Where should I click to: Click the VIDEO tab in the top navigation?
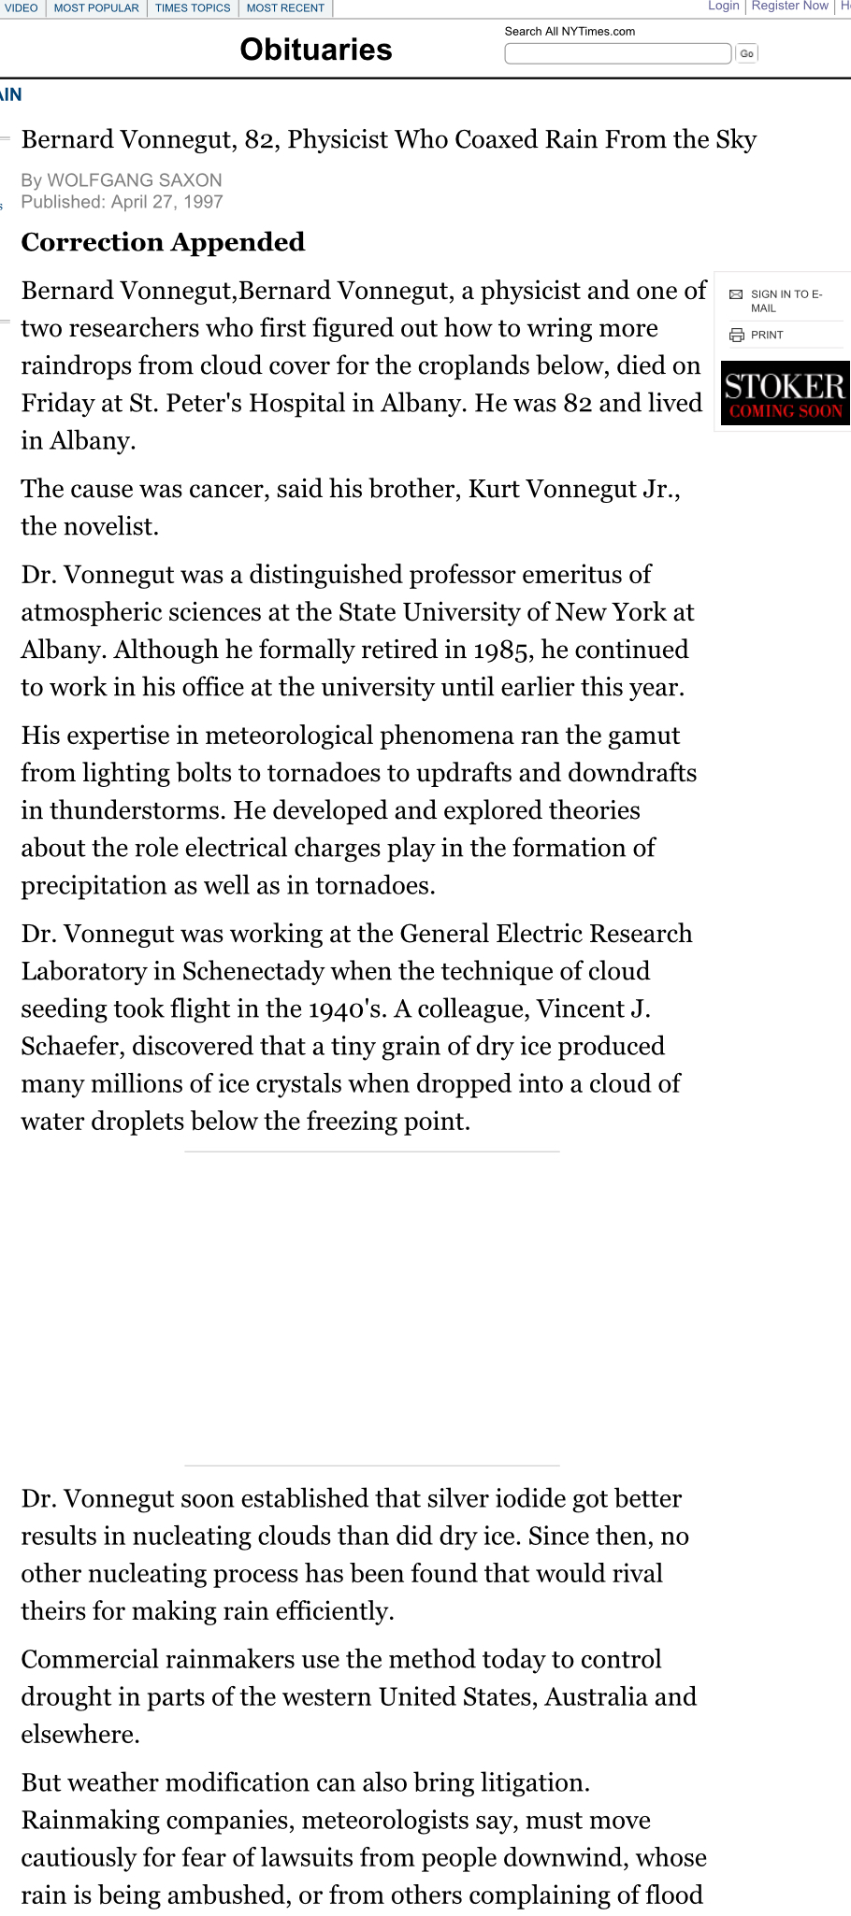click(22, 8)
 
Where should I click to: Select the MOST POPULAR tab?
click(96, 8)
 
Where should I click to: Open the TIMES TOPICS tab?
click(193, 8)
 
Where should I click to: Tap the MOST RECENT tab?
click(285, 8)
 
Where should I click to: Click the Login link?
click(723, 6)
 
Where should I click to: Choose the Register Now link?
click(790, 6)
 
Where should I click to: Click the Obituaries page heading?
click(316, 50)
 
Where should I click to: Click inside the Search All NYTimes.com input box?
click(617, 53)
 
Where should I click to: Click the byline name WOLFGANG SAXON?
click(135, 180)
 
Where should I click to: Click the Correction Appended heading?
click(163, 242)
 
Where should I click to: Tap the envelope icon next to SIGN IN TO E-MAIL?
click(736, 294)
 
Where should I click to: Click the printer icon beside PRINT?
click(737, 335)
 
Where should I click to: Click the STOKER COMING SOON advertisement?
click(786, 393)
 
